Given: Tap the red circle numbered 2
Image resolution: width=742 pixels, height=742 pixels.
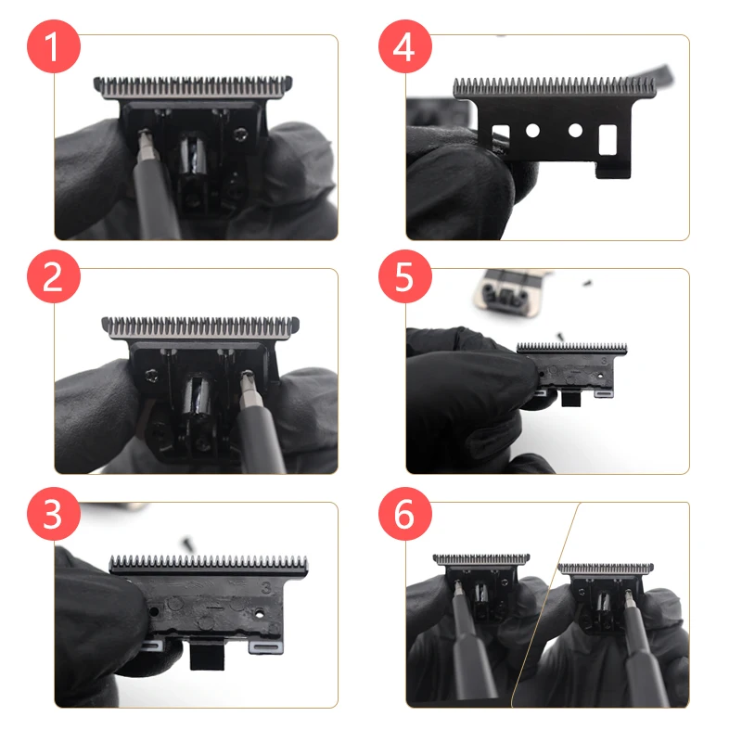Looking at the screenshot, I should pos(52,277).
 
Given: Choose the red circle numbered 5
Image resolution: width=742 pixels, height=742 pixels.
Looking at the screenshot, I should pos(403,277).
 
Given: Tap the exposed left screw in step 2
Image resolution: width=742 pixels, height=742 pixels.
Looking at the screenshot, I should pos(147,374).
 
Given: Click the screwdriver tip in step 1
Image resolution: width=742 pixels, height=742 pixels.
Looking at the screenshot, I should pos(144,138).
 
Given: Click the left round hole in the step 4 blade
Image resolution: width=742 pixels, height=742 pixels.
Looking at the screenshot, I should pos(532,132).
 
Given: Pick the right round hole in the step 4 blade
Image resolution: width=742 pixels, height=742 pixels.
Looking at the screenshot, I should pos(575,131).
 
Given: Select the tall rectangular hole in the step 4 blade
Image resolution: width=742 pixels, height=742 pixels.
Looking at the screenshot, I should pos(608,139).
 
